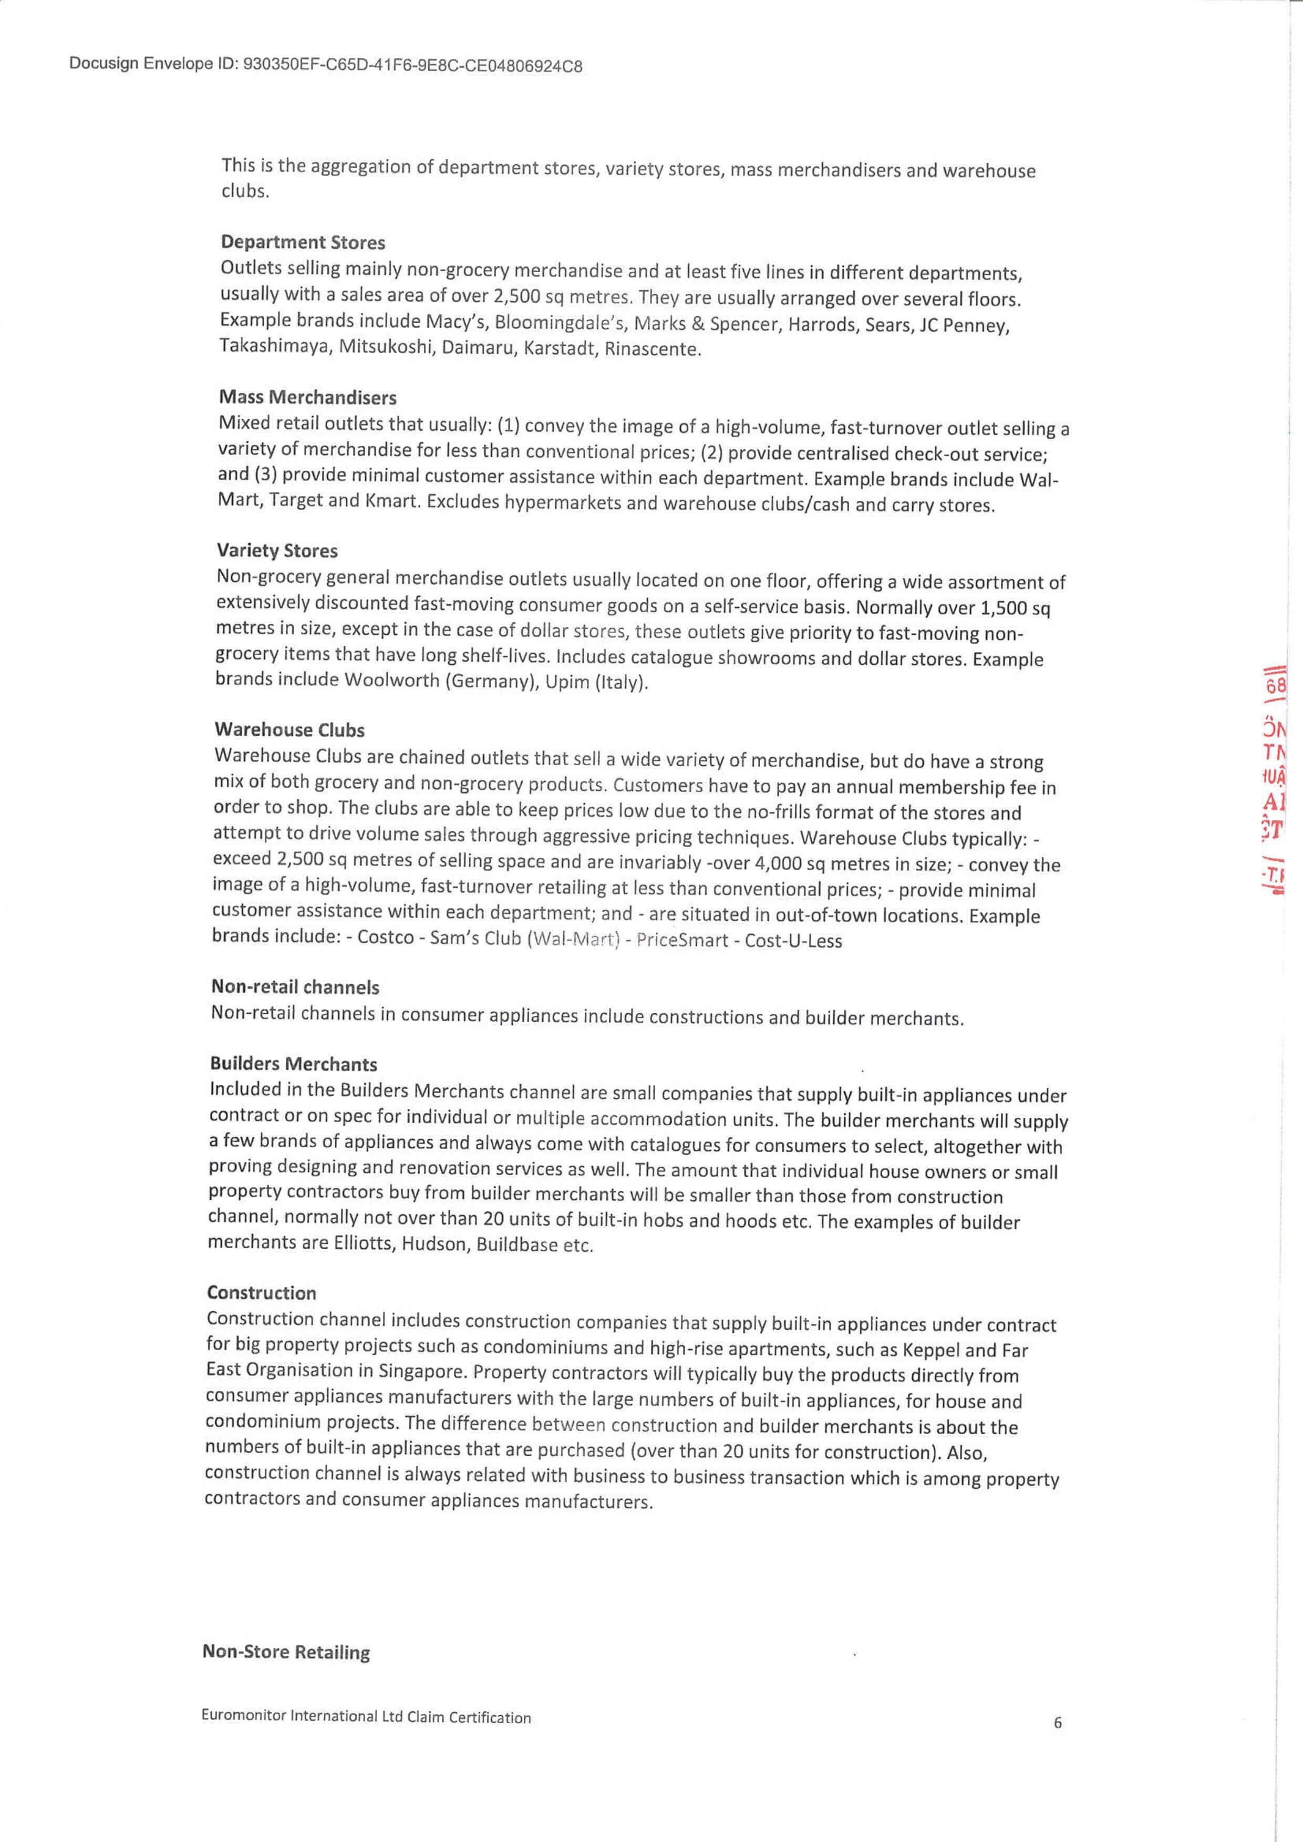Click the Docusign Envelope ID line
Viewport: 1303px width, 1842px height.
[x=325, y=65]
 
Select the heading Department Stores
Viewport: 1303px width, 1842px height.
[x=303, y=242]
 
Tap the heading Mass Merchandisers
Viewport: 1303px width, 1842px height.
[x=307, y=397]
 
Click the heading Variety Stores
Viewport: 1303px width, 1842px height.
[x=277, y=551]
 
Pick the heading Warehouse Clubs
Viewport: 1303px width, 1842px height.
[x=289, y=729]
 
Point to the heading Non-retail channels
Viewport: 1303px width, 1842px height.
[x=294, y=987]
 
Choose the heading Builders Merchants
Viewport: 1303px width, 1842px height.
[x=293, y=1064]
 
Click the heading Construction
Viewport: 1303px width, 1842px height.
[x=262, y=1293]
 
